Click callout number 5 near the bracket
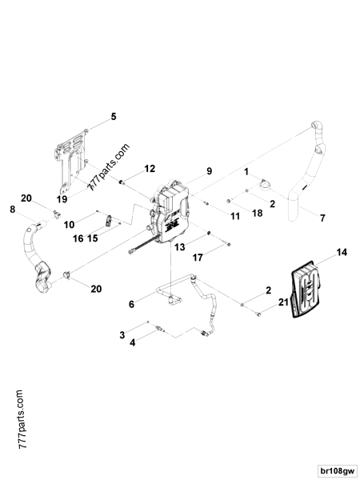click(113, 117)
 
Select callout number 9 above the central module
click(209, 171)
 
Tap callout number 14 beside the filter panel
click(342, 253)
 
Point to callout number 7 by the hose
click(322, 218)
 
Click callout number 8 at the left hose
click(12, 210)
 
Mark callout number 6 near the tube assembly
click(131, 305)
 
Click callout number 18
click(257, 214)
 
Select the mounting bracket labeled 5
click(72, 156)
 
